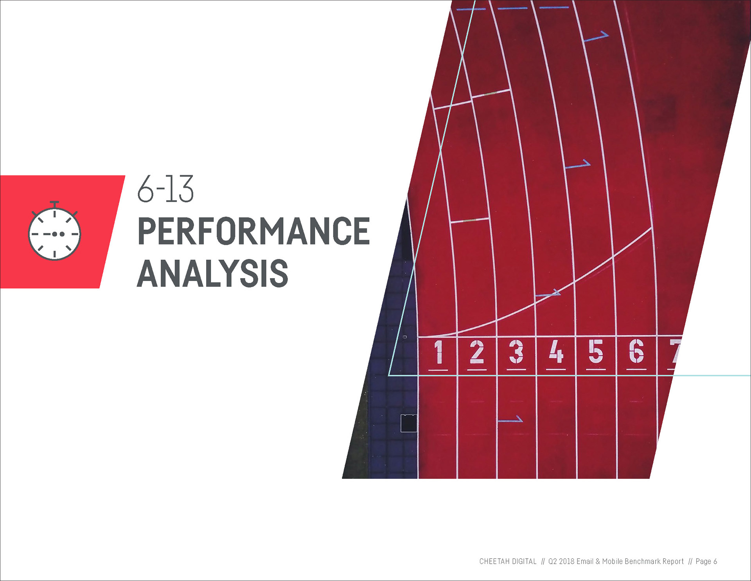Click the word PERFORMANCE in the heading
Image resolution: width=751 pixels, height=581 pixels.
[x=254, y=231]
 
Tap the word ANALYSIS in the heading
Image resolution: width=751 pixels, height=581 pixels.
[x=213, y=273]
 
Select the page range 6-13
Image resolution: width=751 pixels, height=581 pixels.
[x=165, y=189]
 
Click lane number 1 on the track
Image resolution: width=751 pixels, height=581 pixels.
[x=438, y=352]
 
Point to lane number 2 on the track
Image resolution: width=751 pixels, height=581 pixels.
[x=477, y=352]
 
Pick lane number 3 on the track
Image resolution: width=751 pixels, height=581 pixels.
[x=516, y=352]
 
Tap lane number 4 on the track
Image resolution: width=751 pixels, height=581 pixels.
[x=556, y=352]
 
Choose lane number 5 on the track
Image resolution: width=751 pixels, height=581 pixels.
[x=596, y=352]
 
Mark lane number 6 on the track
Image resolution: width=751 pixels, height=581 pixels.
[x=636, y=352]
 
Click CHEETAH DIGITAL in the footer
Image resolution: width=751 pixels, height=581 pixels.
[x=508, y=561]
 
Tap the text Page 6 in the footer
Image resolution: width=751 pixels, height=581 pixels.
[x=706, y=561]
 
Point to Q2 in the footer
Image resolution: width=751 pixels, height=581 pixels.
[x=552, y=561]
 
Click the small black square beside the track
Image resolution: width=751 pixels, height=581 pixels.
[x=409, y=423]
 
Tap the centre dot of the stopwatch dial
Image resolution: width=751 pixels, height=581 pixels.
[x=55, y=234]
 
